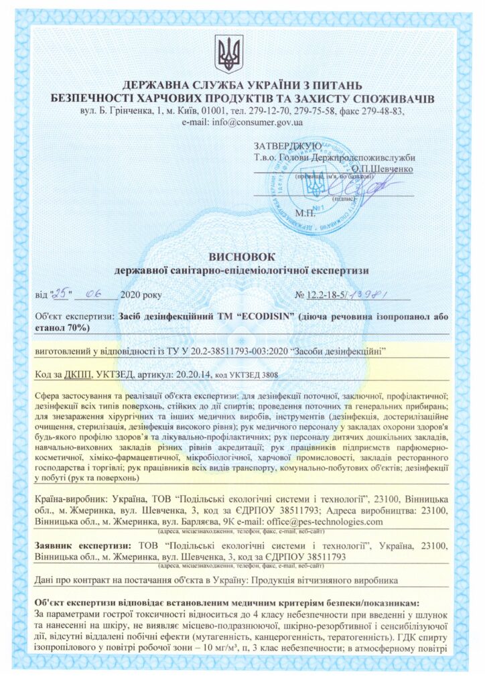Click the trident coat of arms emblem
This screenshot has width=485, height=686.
click(x=229, y=53)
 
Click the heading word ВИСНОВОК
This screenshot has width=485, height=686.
click(x=242, y=257)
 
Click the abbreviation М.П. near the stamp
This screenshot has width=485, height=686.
click(x=305, y=213)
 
